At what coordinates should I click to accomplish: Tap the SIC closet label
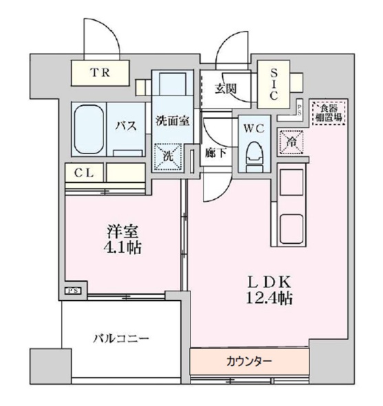[x=273, y=83]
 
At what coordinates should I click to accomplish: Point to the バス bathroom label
[x=124, y=125]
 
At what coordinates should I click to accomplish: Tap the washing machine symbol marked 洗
[x=168, y=155]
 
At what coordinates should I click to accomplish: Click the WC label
[x=249, y=126]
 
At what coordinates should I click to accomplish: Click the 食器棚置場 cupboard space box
[x=327, y=112]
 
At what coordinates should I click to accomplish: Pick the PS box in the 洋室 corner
[x=73, y=290]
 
